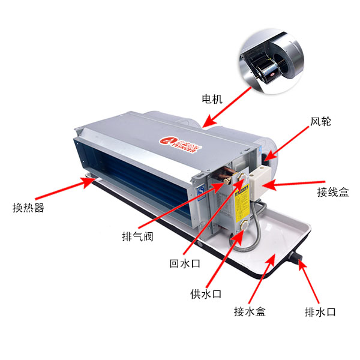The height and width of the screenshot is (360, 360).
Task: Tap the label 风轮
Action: (321, 121)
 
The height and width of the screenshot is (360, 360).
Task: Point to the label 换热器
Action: (28, 208)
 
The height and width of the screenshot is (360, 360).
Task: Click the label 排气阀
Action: (137, 236)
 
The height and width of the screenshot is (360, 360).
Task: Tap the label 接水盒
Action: (250, 312)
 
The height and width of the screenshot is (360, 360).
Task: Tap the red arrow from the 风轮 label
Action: (287, 142)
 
